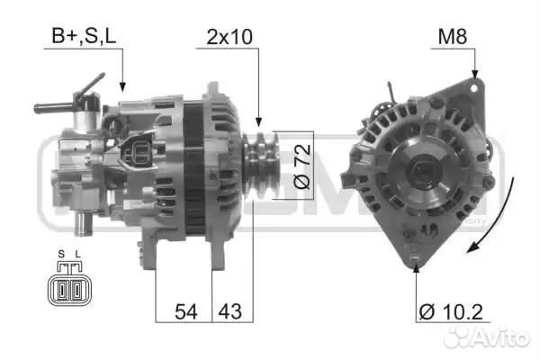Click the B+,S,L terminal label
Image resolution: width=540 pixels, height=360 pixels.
84,35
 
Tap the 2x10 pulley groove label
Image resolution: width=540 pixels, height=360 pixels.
229,37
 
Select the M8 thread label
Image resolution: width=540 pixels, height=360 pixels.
453,36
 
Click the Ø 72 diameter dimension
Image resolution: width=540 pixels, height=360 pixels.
302,166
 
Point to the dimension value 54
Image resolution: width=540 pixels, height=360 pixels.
186,311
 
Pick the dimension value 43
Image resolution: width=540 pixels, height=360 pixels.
230,311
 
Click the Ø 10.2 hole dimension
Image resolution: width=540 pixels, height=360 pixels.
451,312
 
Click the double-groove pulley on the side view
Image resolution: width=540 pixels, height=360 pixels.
261,166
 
